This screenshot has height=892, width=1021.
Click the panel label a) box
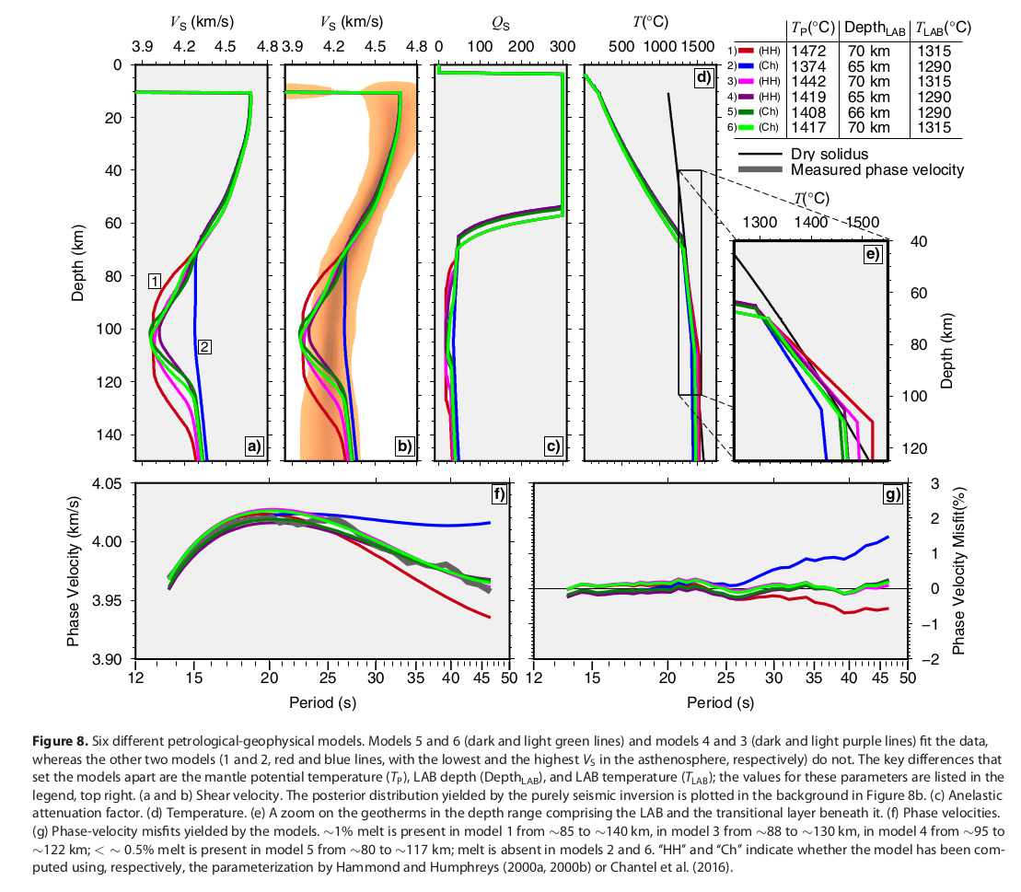(x=254, y=446)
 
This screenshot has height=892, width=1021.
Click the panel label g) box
(x=891, y=495)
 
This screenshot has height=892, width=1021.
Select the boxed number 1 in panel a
(x=156, y=280)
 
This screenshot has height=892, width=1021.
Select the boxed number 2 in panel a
(x=205, y=347)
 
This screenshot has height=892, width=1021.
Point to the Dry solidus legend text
(x=829, y=155)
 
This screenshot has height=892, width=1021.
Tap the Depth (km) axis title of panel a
(x=79, y=262)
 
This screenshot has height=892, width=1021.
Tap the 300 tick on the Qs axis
(x=561, y=47)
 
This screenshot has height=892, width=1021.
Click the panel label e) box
(x=872, y=253)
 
